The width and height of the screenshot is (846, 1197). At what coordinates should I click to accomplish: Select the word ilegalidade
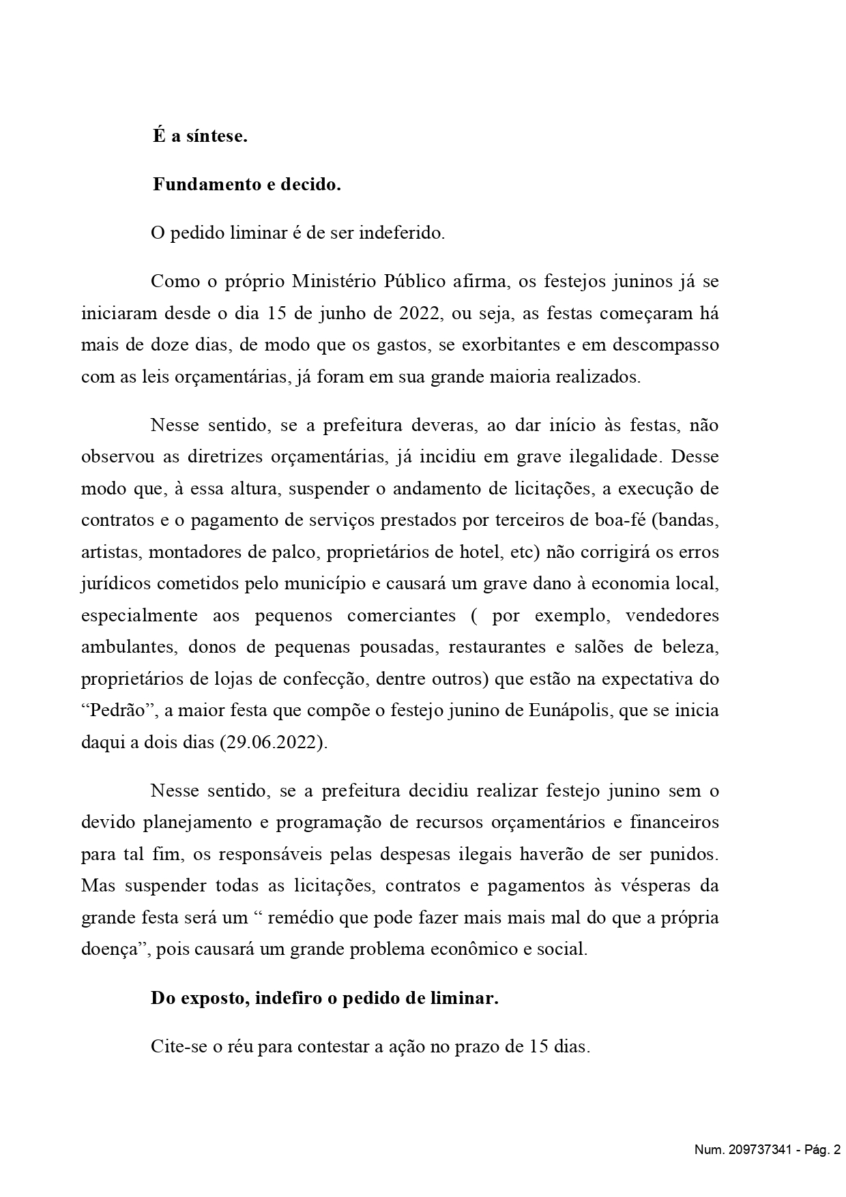coord(615,457)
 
